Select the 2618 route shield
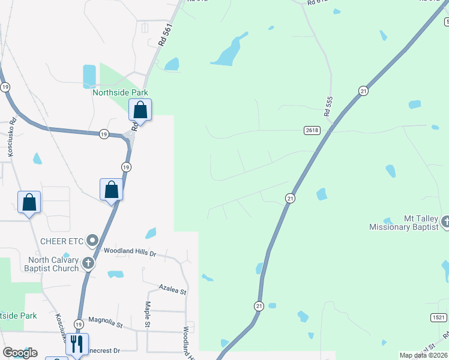pos(312,130)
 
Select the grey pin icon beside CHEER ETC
pos(92,241)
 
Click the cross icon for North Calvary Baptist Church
pos(88,263)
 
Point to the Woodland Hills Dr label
pos(130,252)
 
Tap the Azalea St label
pos(173,290)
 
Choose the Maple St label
pos(147,314)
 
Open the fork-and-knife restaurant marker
pos(77,344)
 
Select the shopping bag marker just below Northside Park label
pos(140,110)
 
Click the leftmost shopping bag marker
pos(29,202)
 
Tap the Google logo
pos(20,353)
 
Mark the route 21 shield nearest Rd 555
pos(363,91)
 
